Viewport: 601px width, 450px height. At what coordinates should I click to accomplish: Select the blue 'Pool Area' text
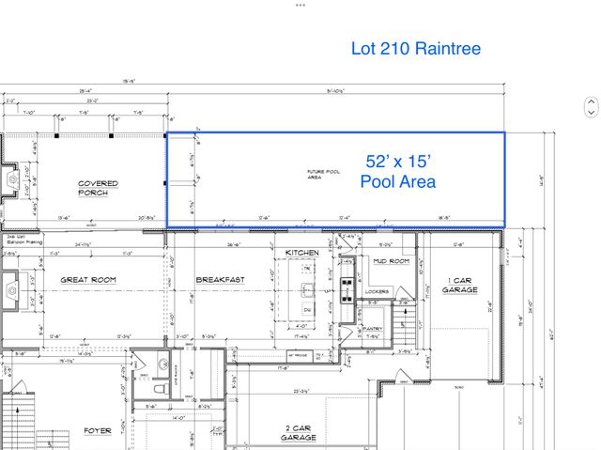click(x=398, y=182)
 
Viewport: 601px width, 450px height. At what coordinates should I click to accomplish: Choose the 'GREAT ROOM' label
click(x=87, y=280)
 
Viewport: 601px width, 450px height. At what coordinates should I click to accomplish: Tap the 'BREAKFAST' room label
click(x=220, y=280)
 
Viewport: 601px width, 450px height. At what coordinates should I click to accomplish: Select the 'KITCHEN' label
click(x=303, y=254)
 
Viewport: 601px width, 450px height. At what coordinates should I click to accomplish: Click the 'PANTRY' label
click(x=373, y=328)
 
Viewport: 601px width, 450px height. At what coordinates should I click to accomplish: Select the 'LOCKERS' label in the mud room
click(x=378, y=292)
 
